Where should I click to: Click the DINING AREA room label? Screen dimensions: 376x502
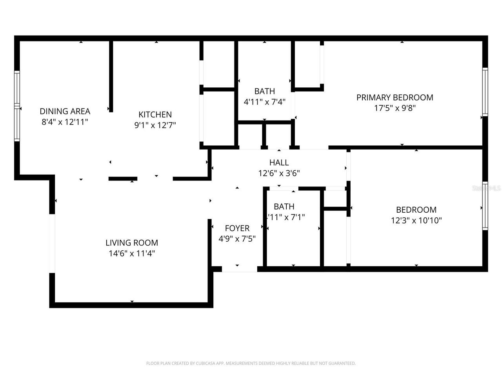click(x=65, y=111)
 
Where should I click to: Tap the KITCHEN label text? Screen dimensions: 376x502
click(x=155, y=114)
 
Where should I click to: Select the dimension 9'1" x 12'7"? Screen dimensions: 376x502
click(x=155, y=125)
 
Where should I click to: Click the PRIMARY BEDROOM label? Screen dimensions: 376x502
click(x=395, y=98)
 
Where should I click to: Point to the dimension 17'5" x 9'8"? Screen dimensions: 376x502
click(x=395, y=108)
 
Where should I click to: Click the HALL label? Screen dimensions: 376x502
click(x=279, y=163)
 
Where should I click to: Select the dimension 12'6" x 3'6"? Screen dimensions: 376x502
click(x=279, y=173)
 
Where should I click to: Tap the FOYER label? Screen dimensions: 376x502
click(x=237, y=228)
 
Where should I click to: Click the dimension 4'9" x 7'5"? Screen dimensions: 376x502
click(x=237, y=239)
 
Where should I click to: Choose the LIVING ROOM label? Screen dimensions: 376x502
click(x=132, y=243)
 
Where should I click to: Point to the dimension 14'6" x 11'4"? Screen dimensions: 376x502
click(x=132, y=253)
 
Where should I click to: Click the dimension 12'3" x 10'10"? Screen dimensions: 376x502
click(x=416, y=221)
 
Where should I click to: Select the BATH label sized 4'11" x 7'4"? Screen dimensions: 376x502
click(x=264, y=91)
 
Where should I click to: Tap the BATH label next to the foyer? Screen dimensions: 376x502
click(x=284, y=206)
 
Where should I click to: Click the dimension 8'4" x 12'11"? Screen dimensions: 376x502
click(x=65, y=122)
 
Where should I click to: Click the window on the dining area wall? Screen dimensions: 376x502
click(x=17, y=106)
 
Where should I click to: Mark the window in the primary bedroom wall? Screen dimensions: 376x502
click(x=485, y=92)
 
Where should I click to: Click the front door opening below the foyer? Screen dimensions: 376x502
click(x=239, y=269)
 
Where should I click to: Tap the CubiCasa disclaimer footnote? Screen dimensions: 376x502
click(x=251, y=363)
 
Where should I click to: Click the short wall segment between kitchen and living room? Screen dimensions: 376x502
click(x=123, y=179)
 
